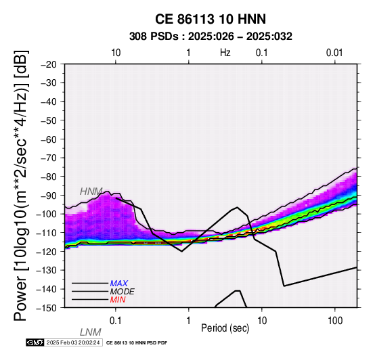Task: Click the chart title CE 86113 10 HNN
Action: click(x=211, y=19)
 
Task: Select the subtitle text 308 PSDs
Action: click(x=154, y=37)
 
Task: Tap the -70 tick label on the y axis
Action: click(x=49, y=158)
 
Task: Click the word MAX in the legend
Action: click(x=119, y=284)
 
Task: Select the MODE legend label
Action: click(x=123, y=292)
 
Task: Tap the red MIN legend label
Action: click(x=118, y=300)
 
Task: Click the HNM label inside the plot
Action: click(x=91, y=192)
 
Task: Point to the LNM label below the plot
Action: click(x=91, y=332)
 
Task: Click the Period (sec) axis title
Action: click(x=225, y=328)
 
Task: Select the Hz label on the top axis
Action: click(x=225, y=53)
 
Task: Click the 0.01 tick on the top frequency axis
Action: click(x=334, y=53)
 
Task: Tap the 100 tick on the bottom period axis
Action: click(x=335, y=321)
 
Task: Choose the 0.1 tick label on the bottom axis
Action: click(x=115, y=321)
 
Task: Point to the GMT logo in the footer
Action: click(x=35, y=342)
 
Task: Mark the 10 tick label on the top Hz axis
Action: click(x=116, y=53)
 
